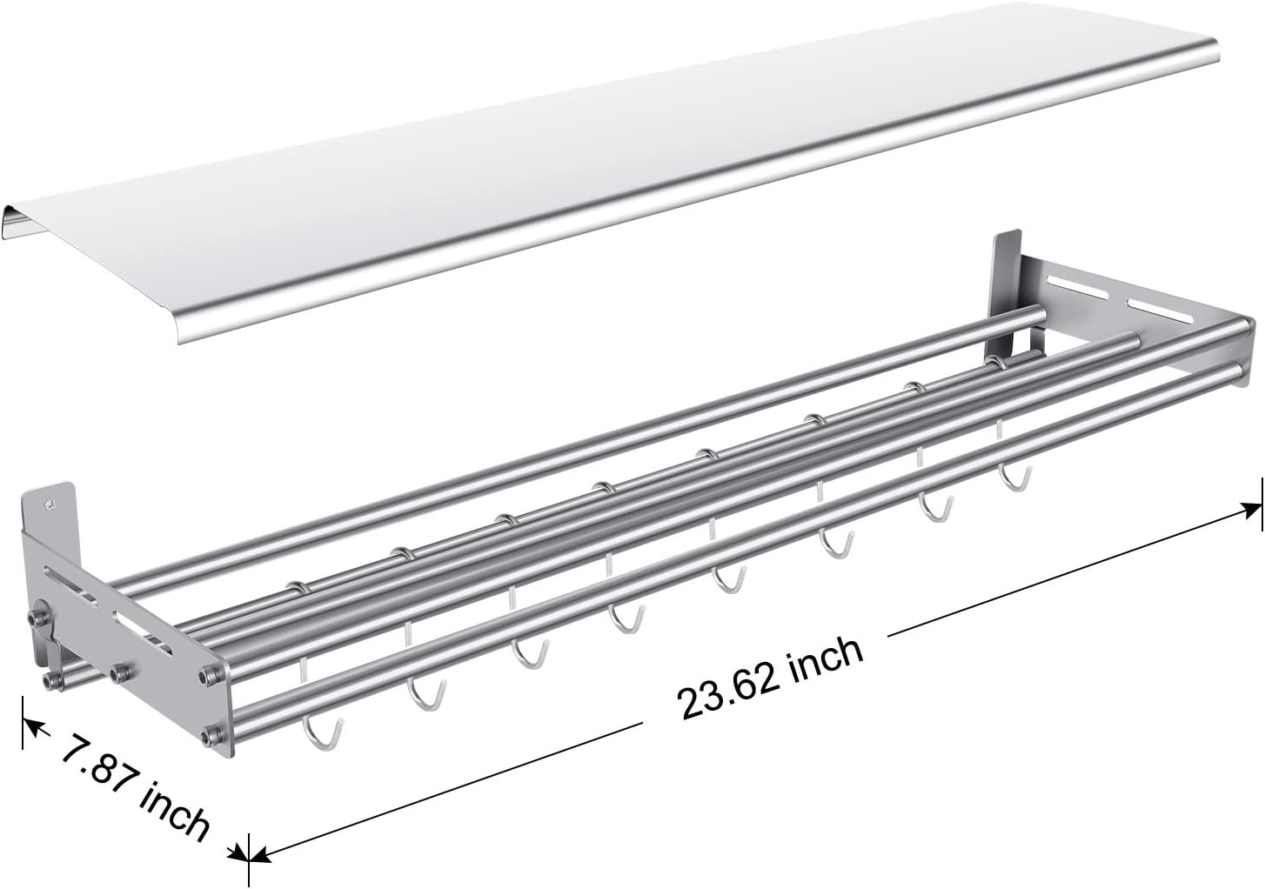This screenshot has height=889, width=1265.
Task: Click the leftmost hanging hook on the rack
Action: pyautogui.click(x=317, y=731)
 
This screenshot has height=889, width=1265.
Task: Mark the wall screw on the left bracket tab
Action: pyautogui.click(x=55, y=502)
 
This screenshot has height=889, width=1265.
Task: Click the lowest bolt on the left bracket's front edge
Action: pyautogui.click(x=208, y=738)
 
